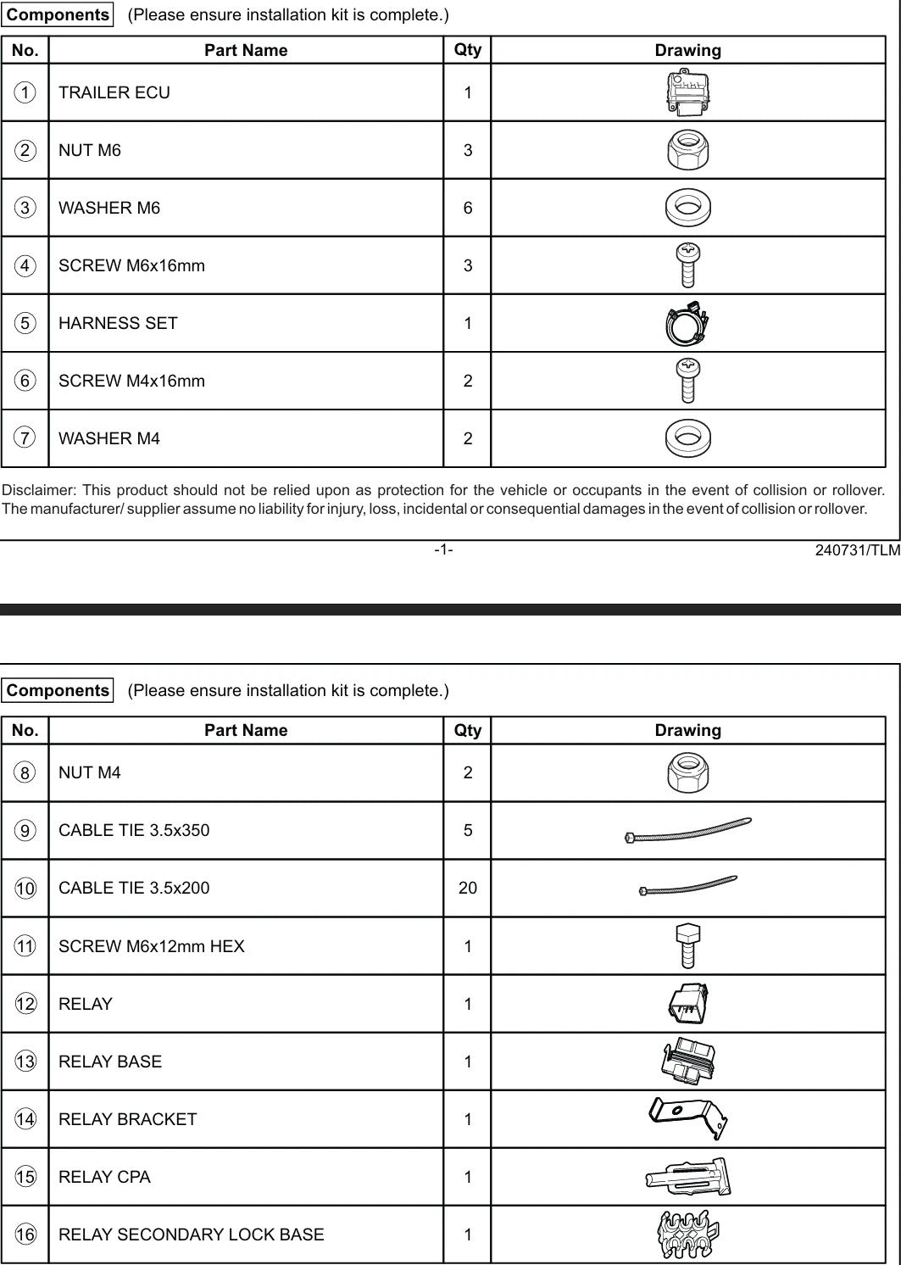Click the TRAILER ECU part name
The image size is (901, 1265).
coord(114,92)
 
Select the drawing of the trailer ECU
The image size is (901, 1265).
coord(687,92)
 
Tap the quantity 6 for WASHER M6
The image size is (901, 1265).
coord(468,208)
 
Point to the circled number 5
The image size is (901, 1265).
coord(25,323)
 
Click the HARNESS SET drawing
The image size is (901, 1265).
coord(687,324)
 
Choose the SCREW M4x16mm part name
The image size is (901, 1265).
coord(131,381)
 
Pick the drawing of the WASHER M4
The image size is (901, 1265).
coord(687,437)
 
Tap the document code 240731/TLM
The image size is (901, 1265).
coord(857,549)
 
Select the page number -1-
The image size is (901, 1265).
coord(443,549)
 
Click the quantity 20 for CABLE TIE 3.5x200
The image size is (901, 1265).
coord(468,888)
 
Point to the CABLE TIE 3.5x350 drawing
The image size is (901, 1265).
coord(687,830)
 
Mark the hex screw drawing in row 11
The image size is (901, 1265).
coord(687,945)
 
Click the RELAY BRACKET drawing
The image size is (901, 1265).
coord(687,1118)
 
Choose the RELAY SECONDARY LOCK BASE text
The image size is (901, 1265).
coord(191,1234)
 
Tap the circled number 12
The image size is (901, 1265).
coord(25,1004)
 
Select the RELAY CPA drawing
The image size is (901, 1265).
coord(687,1177)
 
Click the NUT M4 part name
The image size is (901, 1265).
coord(90,772)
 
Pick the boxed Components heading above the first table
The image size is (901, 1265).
coord(58,15)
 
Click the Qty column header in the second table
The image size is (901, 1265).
coord(468,730)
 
